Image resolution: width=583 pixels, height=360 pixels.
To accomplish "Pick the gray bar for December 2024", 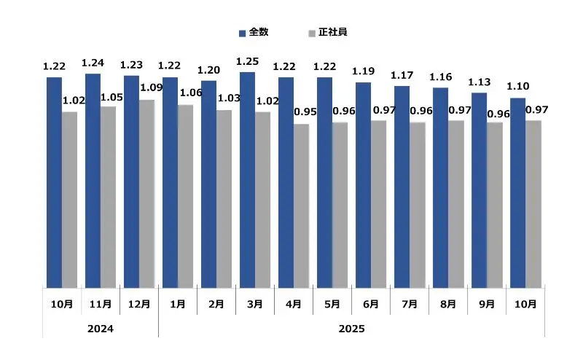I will pos(146,193).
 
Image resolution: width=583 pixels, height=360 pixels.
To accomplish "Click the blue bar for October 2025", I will pos(517,192).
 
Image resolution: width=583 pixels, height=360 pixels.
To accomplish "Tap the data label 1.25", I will pos(247,61).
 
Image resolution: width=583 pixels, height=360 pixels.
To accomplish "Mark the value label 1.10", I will pos(517,87).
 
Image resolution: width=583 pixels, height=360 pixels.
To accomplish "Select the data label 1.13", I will pos(479,82).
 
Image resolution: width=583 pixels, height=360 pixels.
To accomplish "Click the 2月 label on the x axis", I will pos(216,304).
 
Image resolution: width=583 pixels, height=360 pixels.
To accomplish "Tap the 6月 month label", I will pos(370,304).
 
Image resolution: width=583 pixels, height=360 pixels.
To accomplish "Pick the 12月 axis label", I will pos(139,304).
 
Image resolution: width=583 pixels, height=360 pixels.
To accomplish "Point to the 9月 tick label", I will pos(486,304).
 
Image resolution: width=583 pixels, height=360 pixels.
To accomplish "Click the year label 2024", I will pos(101,329).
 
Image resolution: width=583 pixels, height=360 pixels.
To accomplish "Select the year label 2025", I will pos(351,329).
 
